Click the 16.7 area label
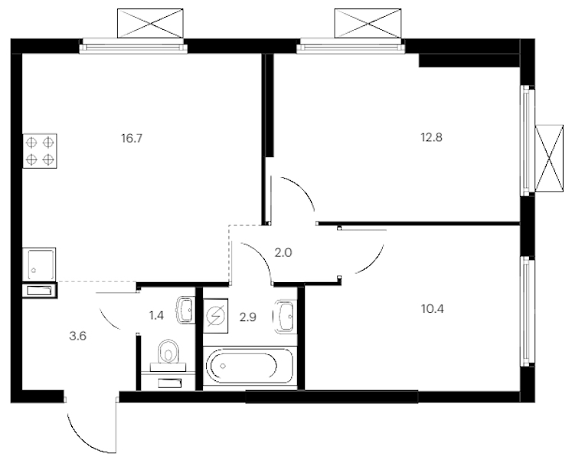pyautogui.click(x=132, y=139)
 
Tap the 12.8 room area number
pyautogui.click(x=432, y=138)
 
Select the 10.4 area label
pyautogui.click(x=433, y=309)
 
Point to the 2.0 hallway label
pyautogui.click(x=283, y=252)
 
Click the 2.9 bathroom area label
pyautogui.click(x=247, y=317)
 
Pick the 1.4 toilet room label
pyautogui.click(x=156, y=315)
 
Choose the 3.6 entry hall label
pyautogui.click(x=77, y=336)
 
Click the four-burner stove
pyautogui.click(x=40, y=151)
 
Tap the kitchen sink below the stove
pyautogui.click(x=39, y=264)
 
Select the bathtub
pyautogui.click(x=250, y=366)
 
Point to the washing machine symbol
pyautogui.click(x=216, y=316)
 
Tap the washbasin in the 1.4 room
pyautogui.click(x=185, y=310)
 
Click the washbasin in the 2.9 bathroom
pyautogui.click(x=285, y=317)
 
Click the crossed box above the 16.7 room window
pyautogui.click(x=150, y=24)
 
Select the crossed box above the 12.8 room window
pyautogui.click(x=368, y=24)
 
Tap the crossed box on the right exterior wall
pyautogui.click(x=549, y=158)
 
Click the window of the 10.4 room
pyautogui.click(x=527, y=312)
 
